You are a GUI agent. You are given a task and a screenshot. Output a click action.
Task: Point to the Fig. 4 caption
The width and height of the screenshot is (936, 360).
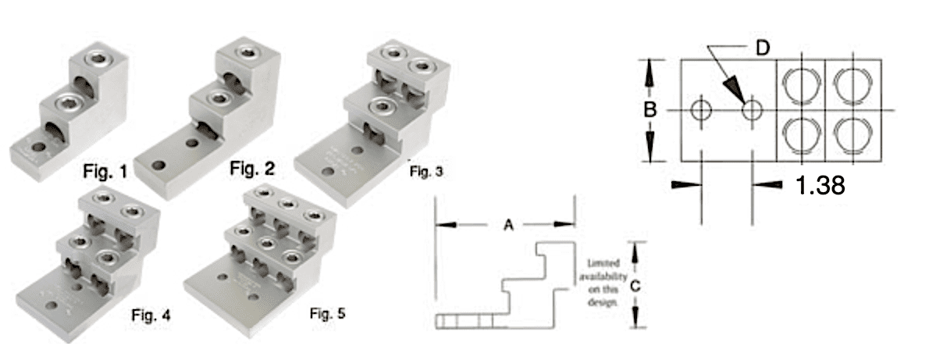pos(150,315)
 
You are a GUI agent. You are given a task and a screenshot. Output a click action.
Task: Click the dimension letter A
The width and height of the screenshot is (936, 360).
pos(508,225)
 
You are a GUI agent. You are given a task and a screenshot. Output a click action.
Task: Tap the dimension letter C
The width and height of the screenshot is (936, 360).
pos(635,286)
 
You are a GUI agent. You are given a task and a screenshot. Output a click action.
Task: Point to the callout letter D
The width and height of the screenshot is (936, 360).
pos(763,48)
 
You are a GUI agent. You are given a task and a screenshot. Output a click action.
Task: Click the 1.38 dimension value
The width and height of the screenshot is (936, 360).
pos(820,185)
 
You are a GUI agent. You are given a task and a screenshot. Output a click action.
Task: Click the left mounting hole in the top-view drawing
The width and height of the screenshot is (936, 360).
pos(701,110)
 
